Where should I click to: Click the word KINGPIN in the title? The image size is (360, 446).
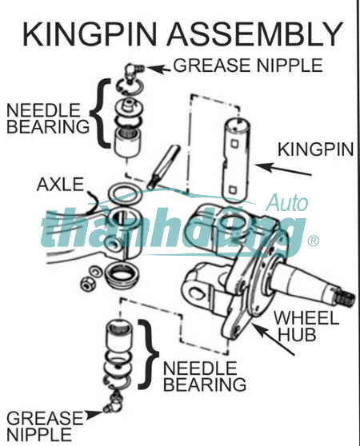(90, 34)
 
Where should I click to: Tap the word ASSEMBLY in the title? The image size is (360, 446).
(254, 34)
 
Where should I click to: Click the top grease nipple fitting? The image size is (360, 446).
(134, 72)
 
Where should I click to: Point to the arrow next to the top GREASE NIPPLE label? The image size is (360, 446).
(158, 69)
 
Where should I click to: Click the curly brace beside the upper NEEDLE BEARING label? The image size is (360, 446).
(100, 113)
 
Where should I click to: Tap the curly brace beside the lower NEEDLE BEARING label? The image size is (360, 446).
(149, 354)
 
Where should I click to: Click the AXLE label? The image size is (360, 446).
(60, 185)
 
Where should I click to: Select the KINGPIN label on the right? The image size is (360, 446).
(316, 149)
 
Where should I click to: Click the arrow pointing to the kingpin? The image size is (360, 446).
(283, 169)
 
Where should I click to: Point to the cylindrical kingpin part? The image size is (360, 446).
(235, 160)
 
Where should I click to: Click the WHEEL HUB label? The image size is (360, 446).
(306, 325)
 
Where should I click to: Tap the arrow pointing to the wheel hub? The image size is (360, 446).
(272, 339)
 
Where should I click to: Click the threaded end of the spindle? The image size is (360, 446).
(346, 297)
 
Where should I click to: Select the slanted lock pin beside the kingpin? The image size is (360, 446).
(163, 167)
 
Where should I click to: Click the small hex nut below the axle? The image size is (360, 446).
(87, 284)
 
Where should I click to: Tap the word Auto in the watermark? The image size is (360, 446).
(287, 202)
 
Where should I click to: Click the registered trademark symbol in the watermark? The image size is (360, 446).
(314, 241)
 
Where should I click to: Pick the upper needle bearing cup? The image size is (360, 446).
(128, 141)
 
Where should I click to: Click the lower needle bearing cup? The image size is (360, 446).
(119, 336)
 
